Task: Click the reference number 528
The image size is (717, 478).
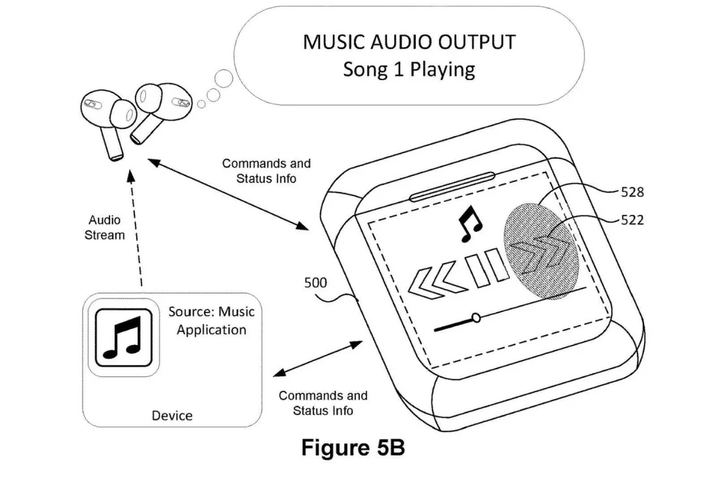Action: click(632, 192)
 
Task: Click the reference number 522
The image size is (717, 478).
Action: click(632, 220)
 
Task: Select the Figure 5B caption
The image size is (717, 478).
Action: click(353, 449)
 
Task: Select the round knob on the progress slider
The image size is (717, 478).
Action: click(476, 318)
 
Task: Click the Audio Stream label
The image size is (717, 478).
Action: click(104, 228)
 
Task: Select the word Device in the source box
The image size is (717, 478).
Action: click(172, 415)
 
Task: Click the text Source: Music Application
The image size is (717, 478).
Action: click(211, 320)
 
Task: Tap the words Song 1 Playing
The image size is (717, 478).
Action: click(409, 69)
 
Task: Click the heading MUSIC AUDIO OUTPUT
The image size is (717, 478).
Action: click(409, 42)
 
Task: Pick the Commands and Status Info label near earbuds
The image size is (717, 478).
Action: click(266, 171)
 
